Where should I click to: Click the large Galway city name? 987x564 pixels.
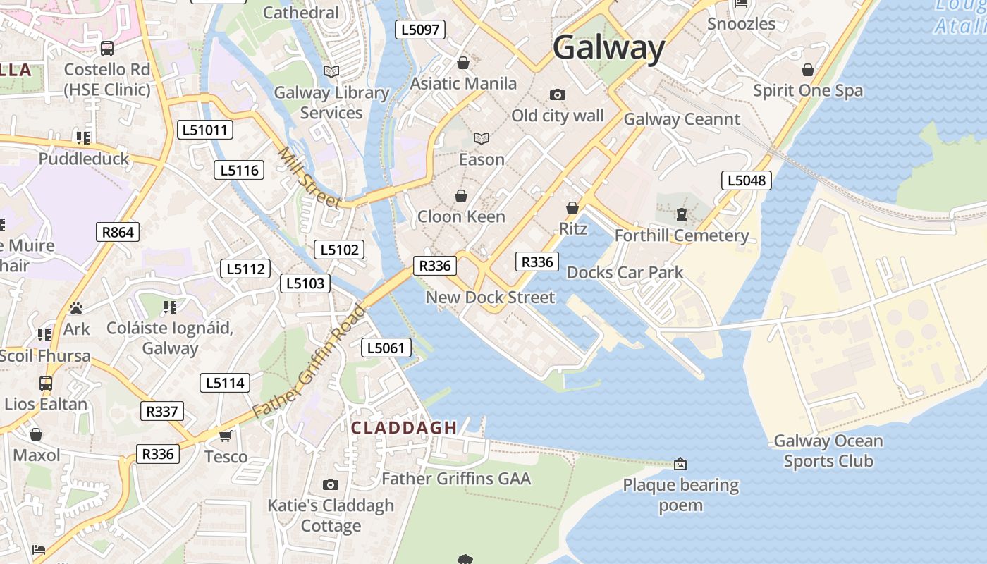[608, 48]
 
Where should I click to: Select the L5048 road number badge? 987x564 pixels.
[746, 180]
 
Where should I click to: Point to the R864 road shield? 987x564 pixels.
[118, 232]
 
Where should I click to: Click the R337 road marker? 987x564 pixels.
[161, 411]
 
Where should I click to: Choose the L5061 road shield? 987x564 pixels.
[386, 348]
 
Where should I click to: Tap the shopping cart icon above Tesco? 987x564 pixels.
[226, 436]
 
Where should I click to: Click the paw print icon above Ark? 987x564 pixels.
[76, 308]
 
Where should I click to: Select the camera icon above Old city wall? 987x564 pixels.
[557, 94]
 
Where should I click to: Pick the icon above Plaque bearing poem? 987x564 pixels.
[680, 464]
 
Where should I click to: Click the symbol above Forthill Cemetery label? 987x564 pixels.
[681, 214]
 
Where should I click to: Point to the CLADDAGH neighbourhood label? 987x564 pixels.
[404, 428]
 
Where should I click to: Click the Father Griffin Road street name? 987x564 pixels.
[309, 360]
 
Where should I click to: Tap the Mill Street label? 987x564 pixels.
[309, 178]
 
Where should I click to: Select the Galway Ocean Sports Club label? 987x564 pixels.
[828, 451]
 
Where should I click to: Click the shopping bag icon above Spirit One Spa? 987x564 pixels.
[808, 70]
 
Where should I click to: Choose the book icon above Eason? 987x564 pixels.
[482, 139]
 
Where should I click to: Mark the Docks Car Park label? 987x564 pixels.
[625, 273]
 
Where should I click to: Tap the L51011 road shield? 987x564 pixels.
[204, 130]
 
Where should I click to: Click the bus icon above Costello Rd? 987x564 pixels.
[107, 49]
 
